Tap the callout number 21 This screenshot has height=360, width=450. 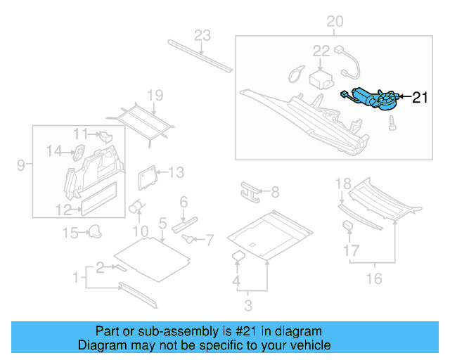tap(419, 98)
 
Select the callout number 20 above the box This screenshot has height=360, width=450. tap(335, 22)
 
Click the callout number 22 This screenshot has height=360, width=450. tap(321, 51)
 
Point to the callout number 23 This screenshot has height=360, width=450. tap(202, 36)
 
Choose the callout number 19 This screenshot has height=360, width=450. tap(155, 96)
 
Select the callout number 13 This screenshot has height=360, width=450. tap(176, 172)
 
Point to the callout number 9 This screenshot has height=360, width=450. tap(21, 165)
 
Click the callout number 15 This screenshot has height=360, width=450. tap(71, 233)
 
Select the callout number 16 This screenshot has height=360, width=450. tap(373, 279)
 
